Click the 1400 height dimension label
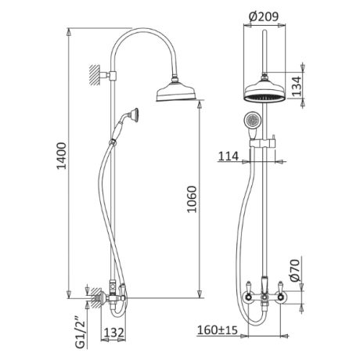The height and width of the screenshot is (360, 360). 62,156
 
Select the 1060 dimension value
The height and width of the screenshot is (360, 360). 192,199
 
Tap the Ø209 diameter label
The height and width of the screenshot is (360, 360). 264,16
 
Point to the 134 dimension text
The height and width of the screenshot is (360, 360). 296,86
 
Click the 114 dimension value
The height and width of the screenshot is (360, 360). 229,157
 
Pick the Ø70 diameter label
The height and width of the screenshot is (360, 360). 296,271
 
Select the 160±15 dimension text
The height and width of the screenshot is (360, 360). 218,330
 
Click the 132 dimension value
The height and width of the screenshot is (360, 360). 114,333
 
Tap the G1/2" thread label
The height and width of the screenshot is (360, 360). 81,333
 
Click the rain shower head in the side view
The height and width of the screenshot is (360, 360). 176,91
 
